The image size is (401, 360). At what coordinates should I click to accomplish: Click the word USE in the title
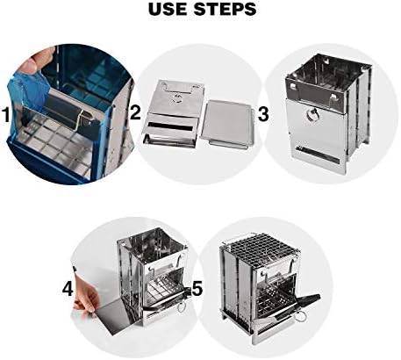[x=168, y=9]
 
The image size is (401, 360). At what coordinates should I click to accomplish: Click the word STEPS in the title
[x=225, y=9]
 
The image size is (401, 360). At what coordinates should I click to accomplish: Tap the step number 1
[x=6, y=114]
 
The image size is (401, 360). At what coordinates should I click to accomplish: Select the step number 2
[x=135, y=112]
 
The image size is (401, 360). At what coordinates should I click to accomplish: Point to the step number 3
[x=263, y=114]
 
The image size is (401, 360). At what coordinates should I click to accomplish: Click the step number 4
[x=68, y=288]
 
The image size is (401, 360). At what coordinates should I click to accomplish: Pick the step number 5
[x=197, y=288]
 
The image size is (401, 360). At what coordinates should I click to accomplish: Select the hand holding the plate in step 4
[x=86, y=296]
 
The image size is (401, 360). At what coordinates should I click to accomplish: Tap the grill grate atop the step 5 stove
[x=259, y=248]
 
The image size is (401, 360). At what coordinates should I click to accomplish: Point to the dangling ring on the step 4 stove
[x=181, y=307]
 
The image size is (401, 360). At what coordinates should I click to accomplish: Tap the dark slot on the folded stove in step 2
[x=170, y=126]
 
